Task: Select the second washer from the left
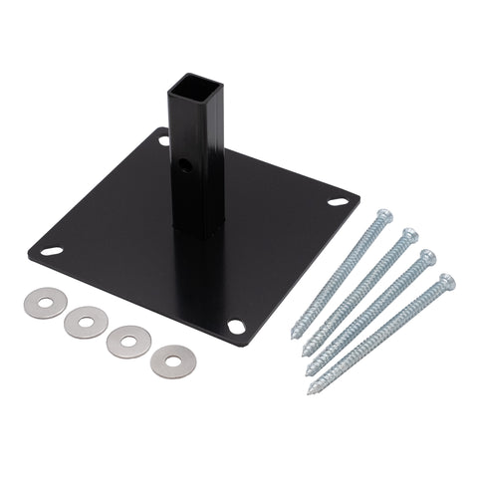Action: click(86, 322)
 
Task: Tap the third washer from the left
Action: click(128, 342)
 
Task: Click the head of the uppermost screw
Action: click(383, 216)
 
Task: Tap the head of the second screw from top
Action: click(408, 237)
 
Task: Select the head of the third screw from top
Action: click(428, 258)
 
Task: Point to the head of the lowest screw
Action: click(447, 282)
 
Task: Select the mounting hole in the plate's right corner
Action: click(338, 202)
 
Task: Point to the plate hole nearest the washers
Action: click(235, 326)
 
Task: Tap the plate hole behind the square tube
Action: click(163, 140)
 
